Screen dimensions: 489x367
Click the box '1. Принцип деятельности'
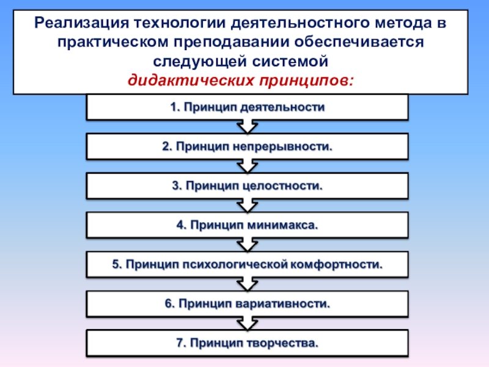click(x=246, y=108)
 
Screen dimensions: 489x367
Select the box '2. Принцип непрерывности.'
click(x=246, y=147)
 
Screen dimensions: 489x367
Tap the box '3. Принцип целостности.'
click(x=246, y=186)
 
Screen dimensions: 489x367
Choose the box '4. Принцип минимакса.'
click(x=246, y=225)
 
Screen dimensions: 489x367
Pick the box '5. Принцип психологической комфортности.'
click(x=246, y=264)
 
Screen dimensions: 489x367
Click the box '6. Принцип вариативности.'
click(x=246, y=303)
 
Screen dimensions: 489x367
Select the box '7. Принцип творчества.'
click(x=246, y=343)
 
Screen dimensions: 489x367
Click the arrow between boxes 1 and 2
click(x=246, y=127)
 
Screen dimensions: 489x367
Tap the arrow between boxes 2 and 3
click(x=246, y=166)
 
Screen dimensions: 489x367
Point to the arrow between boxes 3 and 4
click(x=246, y=206)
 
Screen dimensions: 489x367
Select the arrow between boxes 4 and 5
click(x=246, y=245)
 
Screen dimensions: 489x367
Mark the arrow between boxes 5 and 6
click(x=246, y=284)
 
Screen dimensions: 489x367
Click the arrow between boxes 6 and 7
click(x=246, y=323)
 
